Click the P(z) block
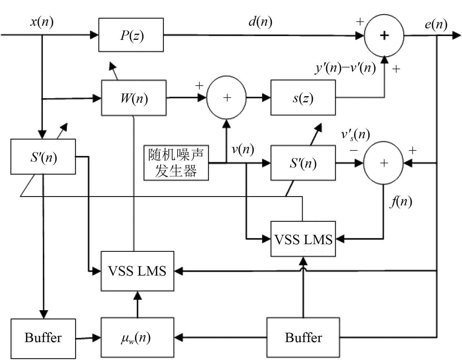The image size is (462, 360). click(x=131, y=35)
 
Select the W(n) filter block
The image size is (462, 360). click(x=134, y=98)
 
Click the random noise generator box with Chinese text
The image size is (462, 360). click(x=176, y=162)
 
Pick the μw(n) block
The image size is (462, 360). click(x=137, y=337)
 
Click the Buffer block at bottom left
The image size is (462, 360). click(x=43, y=338)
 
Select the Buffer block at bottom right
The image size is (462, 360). click(x=303, y=337)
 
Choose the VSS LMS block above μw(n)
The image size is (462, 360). click(x=137, y=271)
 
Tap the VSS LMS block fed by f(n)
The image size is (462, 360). click(x=303, y=239)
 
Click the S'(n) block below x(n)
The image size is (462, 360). click(x=43, y=157)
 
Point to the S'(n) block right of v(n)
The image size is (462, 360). click(x=303, y=163)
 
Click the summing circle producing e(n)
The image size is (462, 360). click(x=384, y=35)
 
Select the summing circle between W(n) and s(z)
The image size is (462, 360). click(x=226, y=98)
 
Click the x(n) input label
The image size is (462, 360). click(x=42, y=22)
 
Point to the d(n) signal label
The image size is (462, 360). click(x=260, y=22)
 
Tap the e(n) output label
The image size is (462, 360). click(x=436, y=24)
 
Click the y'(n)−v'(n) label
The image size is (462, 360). click(x=345, y=68)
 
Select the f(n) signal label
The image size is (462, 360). click(x=401, y=202)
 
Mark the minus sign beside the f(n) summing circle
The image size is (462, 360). click(x=353, y=150)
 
